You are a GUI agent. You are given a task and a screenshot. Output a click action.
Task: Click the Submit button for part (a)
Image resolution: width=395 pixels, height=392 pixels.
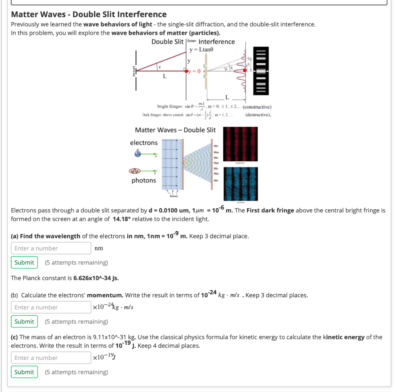(24, 262)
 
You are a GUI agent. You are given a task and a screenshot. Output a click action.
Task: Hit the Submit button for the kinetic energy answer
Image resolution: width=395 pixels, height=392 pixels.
(24, 372)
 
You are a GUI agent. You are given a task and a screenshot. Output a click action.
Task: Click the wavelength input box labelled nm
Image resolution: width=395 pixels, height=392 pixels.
(51, 248)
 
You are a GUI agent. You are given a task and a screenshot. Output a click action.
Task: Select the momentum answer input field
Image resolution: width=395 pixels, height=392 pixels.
(51, 307)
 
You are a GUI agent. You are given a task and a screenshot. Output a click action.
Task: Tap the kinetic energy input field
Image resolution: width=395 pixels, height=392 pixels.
(51, 358)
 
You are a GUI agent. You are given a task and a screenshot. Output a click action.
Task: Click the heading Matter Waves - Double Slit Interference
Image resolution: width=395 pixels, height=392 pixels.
(89, 15)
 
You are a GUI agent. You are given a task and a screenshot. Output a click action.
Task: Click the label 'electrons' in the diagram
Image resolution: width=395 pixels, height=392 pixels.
(143, 143)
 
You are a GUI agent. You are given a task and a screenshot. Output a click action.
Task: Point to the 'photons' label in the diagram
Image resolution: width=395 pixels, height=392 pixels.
(143, 180)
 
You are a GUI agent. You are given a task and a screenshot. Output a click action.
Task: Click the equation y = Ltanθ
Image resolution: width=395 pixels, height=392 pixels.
(201, 50)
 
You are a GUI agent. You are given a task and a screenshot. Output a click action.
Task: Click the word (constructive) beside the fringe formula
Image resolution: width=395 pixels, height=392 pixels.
(257, 107)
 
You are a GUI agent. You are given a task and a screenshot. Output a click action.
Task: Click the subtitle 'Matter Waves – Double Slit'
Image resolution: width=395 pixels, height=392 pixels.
(175, 130)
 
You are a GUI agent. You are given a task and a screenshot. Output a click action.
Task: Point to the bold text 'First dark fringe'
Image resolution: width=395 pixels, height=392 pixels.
(270, 210)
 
